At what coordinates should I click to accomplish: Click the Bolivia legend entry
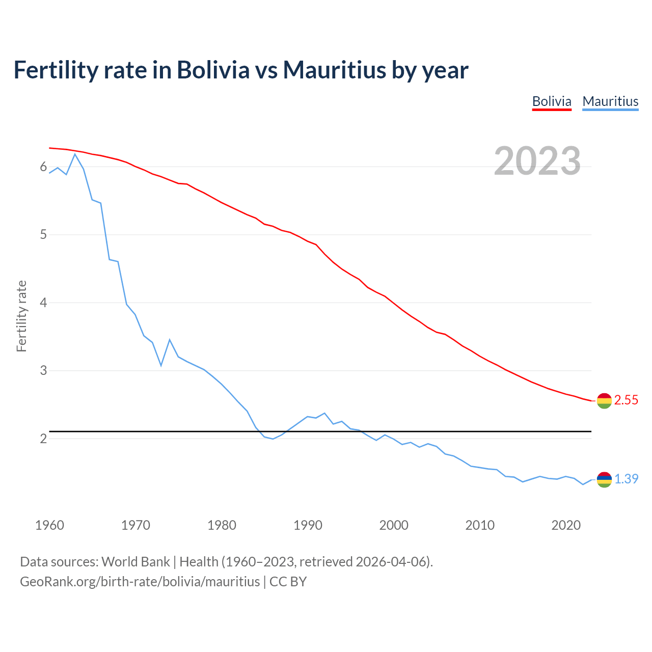point(552,101)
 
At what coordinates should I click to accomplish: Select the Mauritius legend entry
point(610,101)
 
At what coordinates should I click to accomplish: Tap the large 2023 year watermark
point(537,161)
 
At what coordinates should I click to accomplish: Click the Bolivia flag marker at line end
point(604,401)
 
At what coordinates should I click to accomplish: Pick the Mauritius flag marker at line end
point(604,479)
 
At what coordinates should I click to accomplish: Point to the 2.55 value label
point(626,400)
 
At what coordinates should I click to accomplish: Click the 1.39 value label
point(626,479)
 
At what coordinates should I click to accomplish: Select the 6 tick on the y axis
point(43,167)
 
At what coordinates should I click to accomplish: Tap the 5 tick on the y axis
point(43,235)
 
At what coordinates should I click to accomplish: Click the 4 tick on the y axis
point(43,303)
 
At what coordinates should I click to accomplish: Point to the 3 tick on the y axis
point(43,371)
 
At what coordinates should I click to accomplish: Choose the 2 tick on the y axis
point(43,439)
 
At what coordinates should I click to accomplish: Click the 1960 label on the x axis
point(49,525)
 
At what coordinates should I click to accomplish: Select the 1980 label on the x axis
point(222,525)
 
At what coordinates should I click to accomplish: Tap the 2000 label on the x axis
point(394,525)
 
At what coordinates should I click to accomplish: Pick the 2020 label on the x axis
point(566,525)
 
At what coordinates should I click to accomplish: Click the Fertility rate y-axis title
point(21,316)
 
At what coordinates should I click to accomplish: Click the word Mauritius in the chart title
point(335,70)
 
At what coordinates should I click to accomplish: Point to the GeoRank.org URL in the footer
point(140,582)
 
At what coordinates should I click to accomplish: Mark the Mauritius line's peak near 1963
point(75,154)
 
